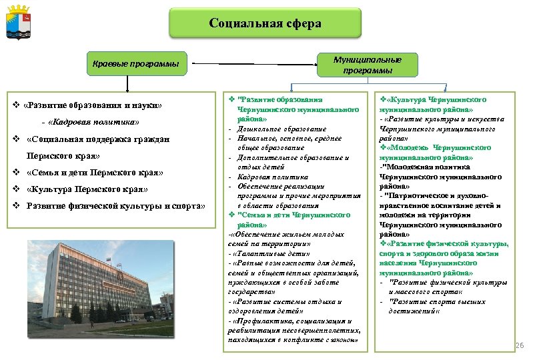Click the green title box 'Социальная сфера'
pyautogui.click(x=265, y=23)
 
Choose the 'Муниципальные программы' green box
pyautogui.click(x=368, y=65)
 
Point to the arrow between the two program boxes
pyautogui.click(x=254, y=65)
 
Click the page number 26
pyautogui.click(x=521, y=345)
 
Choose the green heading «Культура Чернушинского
pyautogui.click(x=440, y=98)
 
